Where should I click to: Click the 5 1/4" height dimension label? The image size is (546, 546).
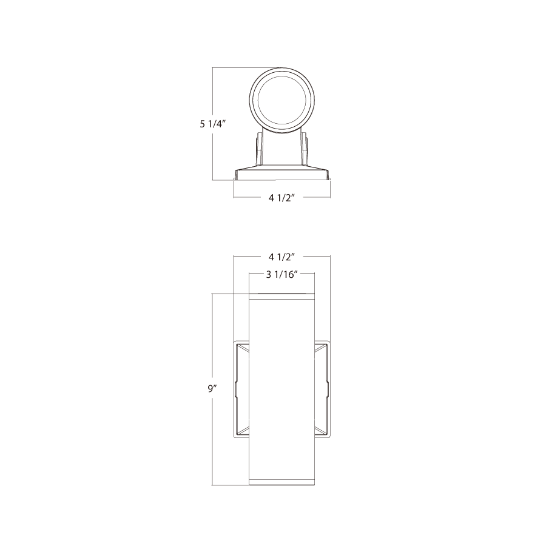coord(213,124)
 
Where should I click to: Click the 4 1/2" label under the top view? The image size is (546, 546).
coord(282,198)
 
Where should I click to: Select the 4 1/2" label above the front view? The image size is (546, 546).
coord(282,257)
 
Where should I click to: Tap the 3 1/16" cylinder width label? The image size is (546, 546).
coord(281,275)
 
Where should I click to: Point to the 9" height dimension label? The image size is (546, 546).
coord(213,388)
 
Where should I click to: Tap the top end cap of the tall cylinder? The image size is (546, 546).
coord(281,296)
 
